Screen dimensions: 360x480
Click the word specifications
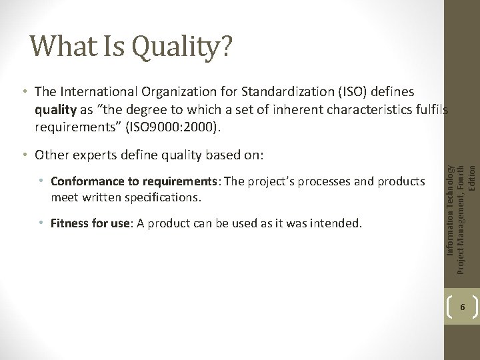166,197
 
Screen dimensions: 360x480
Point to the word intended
339,221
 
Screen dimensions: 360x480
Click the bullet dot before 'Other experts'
23,155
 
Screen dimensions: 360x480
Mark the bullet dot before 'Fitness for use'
45,221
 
